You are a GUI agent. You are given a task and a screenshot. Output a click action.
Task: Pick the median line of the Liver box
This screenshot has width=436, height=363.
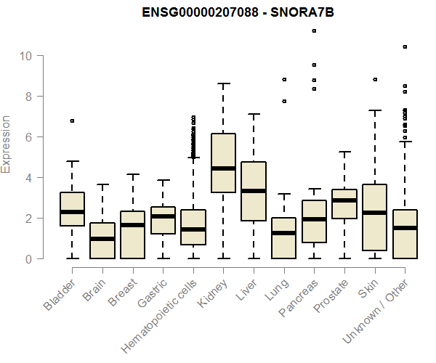254,191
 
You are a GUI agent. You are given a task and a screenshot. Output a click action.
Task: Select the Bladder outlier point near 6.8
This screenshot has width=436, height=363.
72,121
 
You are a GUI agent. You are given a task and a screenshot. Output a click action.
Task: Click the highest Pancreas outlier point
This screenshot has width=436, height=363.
314,30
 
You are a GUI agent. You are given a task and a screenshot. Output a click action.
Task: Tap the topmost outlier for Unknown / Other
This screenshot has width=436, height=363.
405,46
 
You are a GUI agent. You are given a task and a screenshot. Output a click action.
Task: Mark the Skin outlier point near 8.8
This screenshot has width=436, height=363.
375,79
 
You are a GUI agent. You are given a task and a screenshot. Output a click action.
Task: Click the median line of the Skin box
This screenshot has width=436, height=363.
375,213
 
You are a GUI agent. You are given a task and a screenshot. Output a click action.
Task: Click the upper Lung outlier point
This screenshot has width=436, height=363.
284,79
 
